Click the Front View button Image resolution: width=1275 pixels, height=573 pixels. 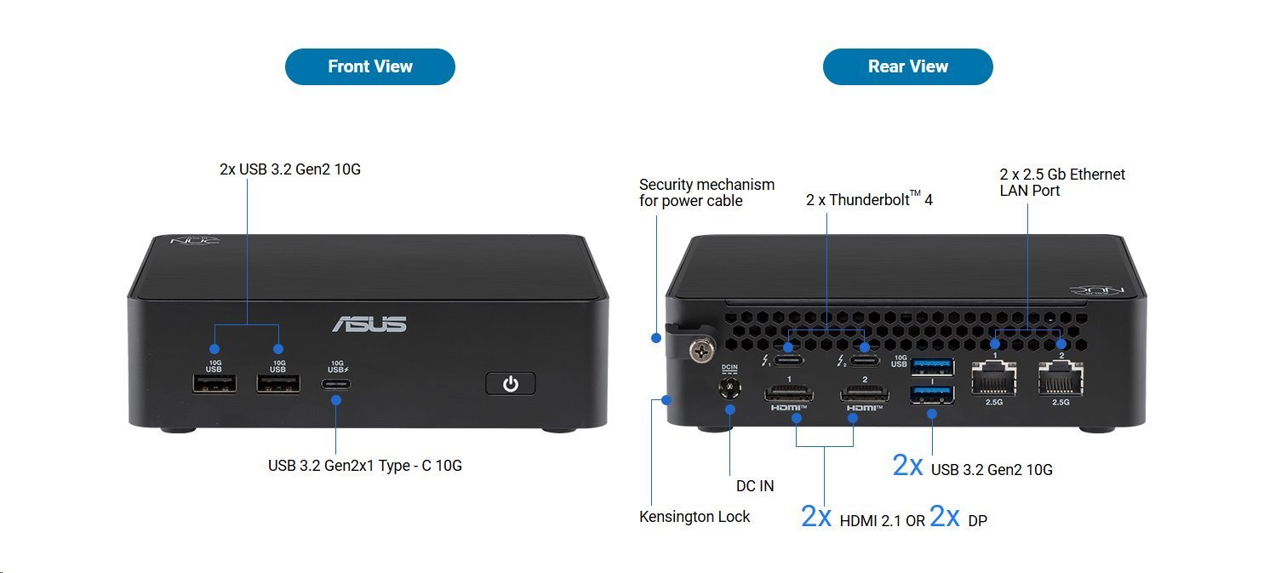(369, 66)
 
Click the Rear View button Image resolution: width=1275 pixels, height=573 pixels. (907, 66)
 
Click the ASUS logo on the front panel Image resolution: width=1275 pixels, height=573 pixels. (369, 324)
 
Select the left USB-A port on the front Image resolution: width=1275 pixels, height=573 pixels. (214, 384)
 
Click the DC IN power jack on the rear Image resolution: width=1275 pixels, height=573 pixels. (729, 388)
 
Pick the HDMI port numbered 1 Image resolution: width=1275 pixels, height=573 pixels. (789, 393)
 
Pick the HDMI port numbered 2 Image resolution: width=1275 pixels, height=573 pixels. (864, 393)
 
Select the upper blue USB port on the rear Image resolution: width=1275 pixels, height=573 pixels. (932, 367)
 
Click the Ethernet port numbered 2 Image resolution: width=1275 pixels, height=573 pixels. (1060, 377)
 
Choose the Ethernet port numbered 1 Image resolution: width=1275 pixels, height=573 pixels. (994, 377)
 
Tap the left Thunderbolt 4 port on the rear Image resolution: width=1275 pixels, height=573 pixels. (789, 347)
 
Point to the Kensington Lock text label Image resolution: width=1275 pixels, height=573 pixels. (695, 517)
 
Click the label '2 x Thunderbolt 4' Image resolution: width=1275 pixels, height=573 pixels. (869, 200)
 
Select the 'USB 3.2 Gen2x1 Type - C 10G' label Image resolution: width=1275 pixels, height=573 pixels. (364, 466)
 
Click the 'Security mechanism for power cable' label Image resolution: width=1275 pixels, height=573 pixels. (706, 192)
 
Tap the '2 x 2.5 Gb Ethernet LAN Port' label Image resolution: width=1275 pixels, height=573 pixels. (1061, 182)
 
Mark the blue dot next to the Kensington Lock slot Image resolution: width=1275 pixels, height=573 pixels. (666, 399)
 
